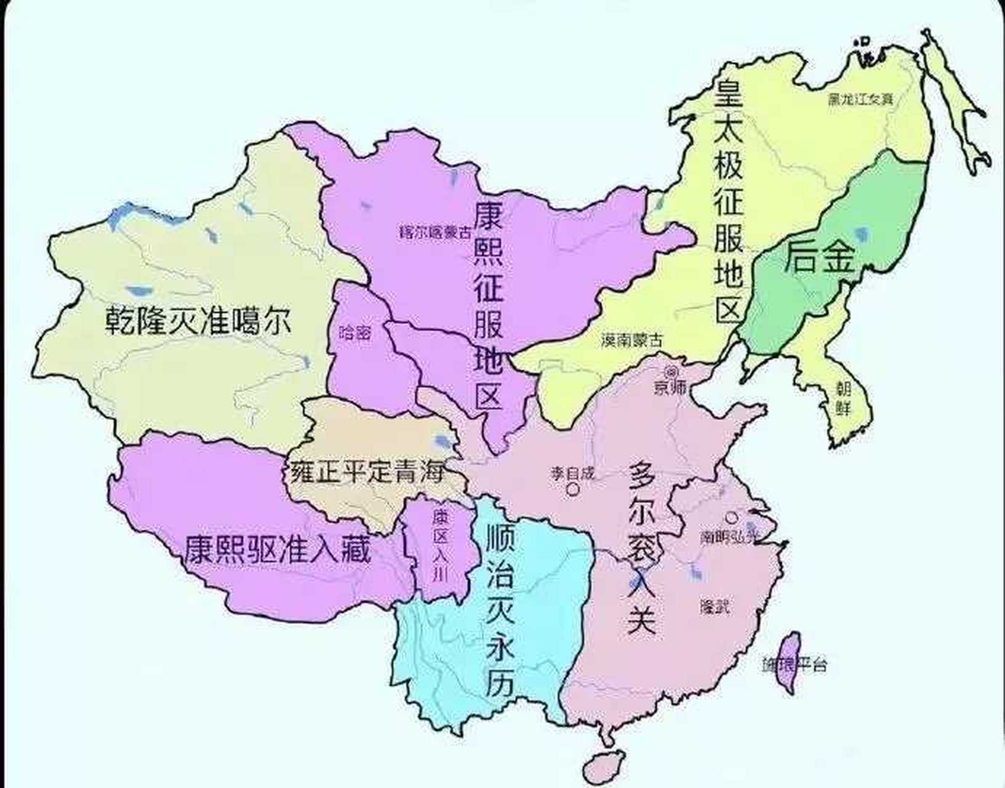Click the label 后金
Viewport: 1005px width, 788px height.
(x=819, y=257)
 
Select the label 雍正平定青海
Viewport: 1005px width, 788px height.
(x=367, y=473)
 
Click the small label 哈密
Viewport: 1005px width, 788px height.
(x=356, y=333)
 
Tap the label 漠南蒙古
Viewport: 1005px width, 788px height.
(x=633, y=340)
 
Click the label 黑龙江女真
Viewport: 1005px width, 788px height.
(x=860, y=99)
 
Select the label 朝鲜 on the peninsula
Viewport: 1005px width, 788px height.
(x=844, y=397)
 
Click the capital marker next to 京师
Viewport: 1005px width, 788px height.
(x=671, y=372)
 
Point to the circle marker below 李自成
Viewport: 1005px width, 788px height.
(x=573, y=489)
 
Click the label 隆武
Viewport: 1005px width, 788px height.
(x=715, y=606)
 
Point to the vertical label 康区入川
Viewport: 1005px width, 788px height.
(x=439, y=545)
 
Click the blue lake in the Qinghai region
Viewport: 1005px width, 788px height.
(x=442, y=441)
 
